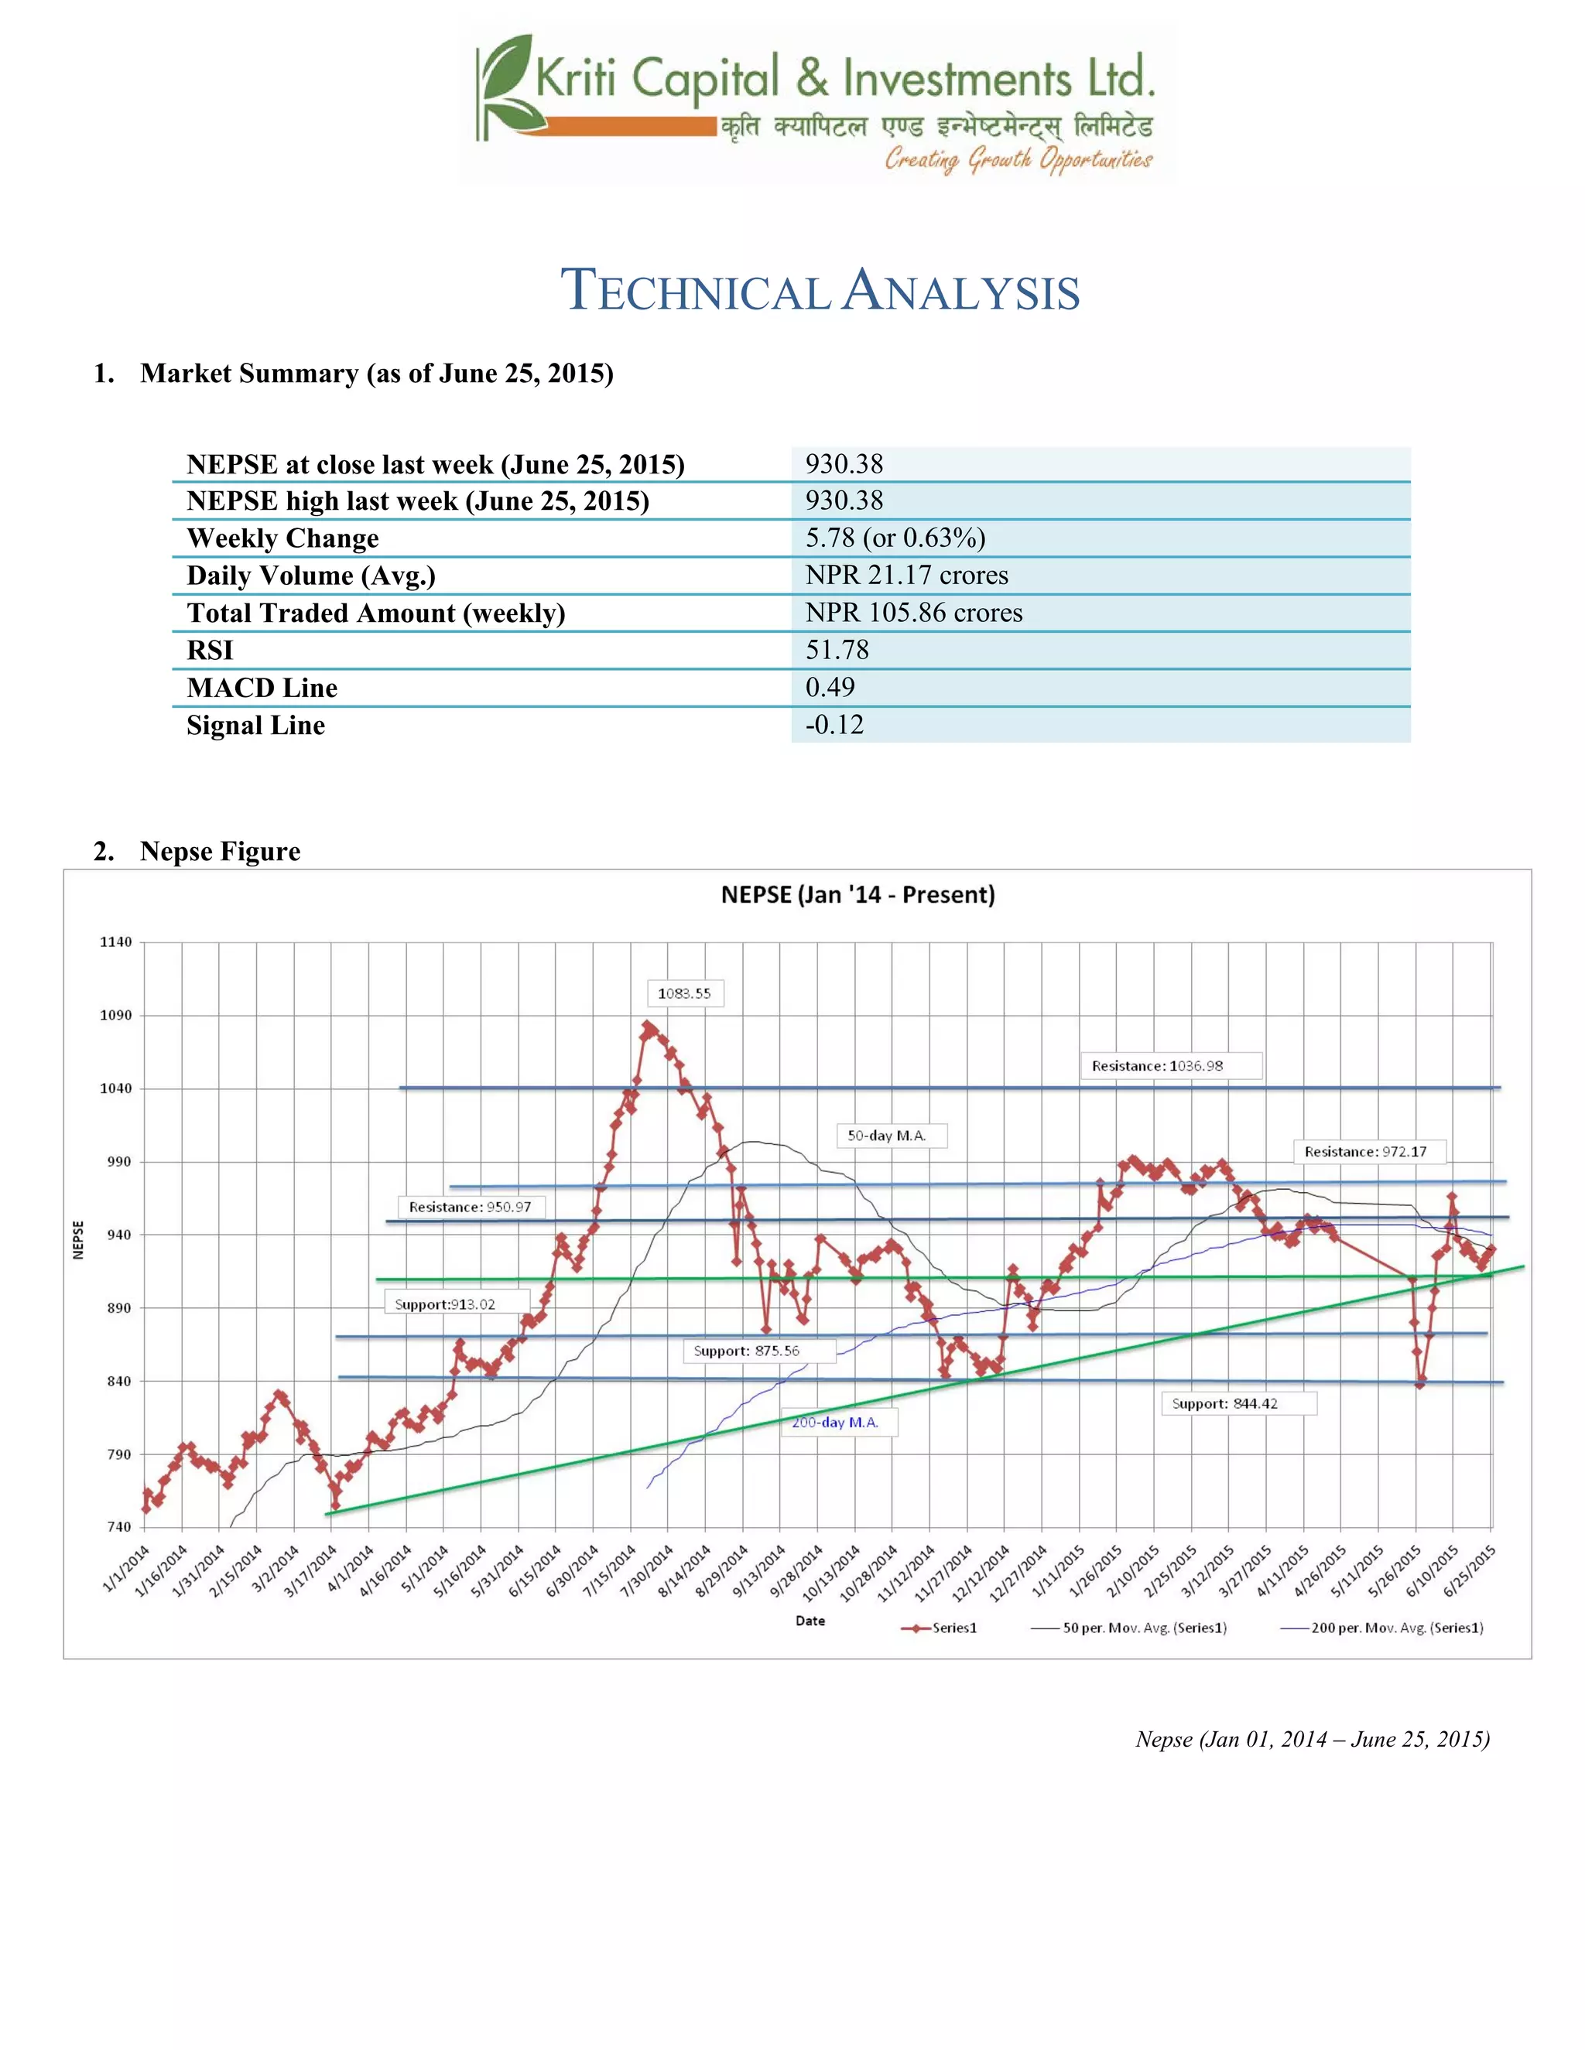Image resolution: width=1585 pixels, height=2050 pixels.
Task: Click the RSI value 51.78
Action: click(837, 650)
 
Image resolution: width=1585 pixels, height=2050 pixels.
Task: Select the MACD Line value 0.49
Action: click(830, 687)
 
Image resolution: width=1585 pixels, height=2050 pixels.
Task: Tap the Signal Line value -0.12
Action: click(834, 725)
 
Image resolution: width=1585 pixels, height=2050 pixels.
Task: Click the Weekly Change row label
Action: click(282, 538)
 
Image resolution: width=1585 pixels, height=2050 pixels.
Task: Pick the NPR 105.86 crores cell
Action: click(914, 612)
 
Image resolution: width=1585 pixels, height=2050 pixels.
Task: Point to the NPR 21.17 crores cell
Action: click(906, 575)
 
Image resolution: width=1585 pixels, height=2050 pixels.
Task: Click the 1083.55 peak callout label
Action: click(684, 993)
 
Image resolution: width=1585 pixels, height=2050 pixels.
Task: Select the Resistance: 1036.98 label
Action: click(1157, 1065)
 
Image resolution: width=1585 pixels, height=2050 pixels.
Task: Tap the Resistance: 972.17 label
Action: click(1365, 1152)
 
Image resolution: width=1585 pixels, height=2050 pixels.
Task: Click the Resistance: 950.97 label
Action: click(470, 1207)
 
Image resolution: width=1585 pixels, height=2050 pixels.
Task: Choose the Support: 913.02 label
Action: click(444, 1303)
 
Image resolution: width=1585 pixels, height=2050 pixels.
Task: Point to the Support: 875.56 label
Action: click(747, 1351)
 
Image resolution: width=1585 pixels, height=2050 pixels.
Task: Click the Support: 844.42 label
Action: click(1224, 1403)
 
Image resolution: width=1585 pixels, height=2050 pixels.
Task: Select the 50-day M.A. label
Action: click(886, 1136)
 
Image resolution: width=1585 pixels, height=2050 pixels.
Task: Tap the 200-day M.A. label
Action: click(835, 1422)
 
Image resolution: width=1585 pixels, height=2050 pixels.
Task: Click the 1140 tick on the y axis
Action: click(116, 941)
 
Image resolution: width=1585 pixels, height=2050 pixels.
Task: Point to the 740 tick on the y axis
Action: click(119, 1527)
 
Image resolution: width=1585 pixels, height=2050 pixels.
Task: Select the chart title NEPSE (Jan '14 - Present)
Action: click(858, 894)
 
